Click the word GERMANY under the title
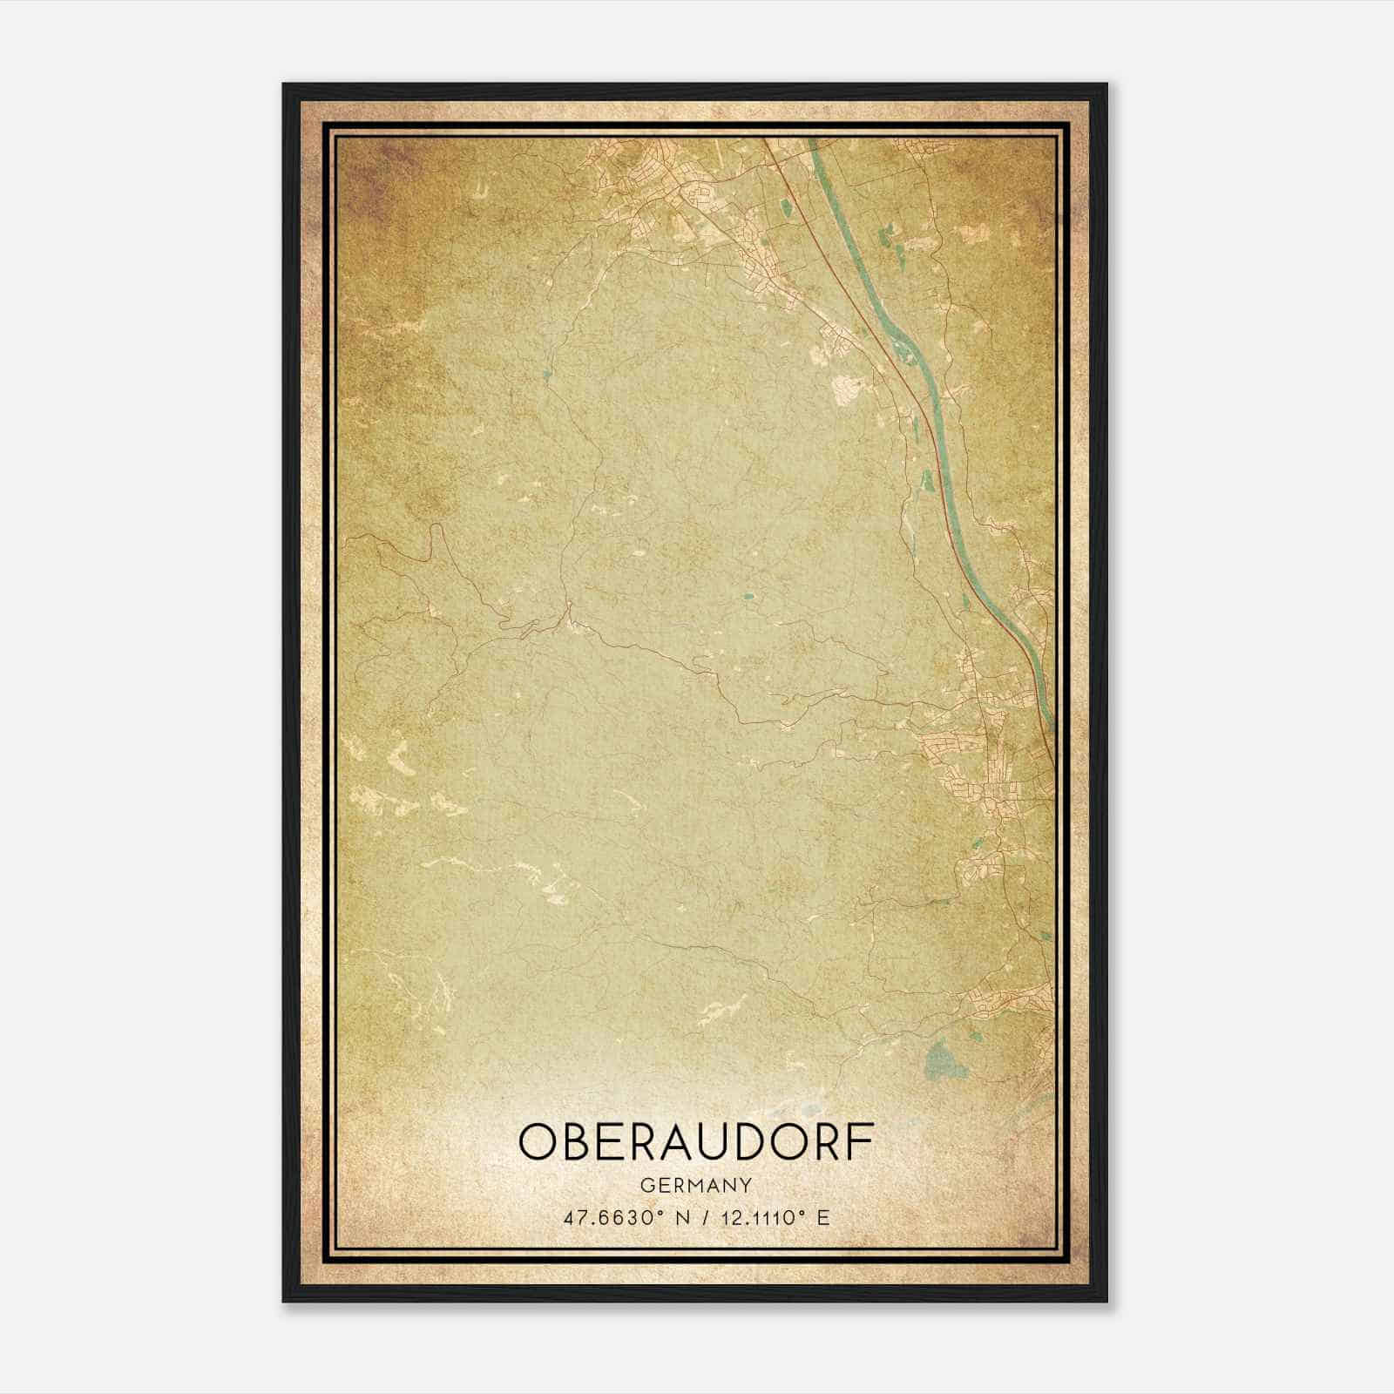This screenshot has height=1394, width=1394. (x=695, y=1185)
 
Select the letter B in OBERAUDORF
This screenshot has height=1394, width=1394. (x=582, y=1141)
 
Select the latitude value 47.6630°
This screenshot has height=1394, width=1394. (x=617, y=1217)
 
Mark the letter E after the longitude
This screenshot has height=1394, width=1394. (x=823, y=1217)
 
